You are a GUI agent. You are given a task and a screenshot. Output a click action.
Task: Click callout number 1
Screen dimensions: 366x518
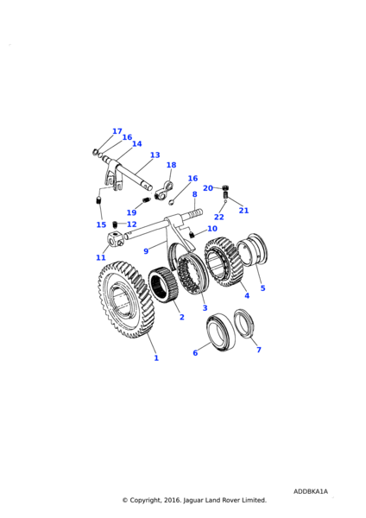coord(156,357)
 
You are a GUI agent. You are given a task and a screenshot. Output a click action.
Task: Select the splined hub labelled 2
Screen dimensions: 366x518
coord(163,286)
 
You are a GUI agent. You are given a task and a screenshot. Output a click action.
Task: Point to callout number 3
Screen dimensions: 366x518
coord(205,308)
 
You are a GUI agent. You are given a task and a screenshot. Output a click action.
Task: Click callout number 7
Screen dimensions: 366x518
coord(259,350)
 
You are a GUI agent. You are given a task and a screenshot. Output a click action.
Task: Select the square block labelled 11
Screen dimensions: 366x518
coord(114,239)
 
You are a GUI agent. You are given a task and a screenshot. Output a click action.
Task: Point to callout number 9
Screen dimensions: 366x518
coord(146,251)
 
